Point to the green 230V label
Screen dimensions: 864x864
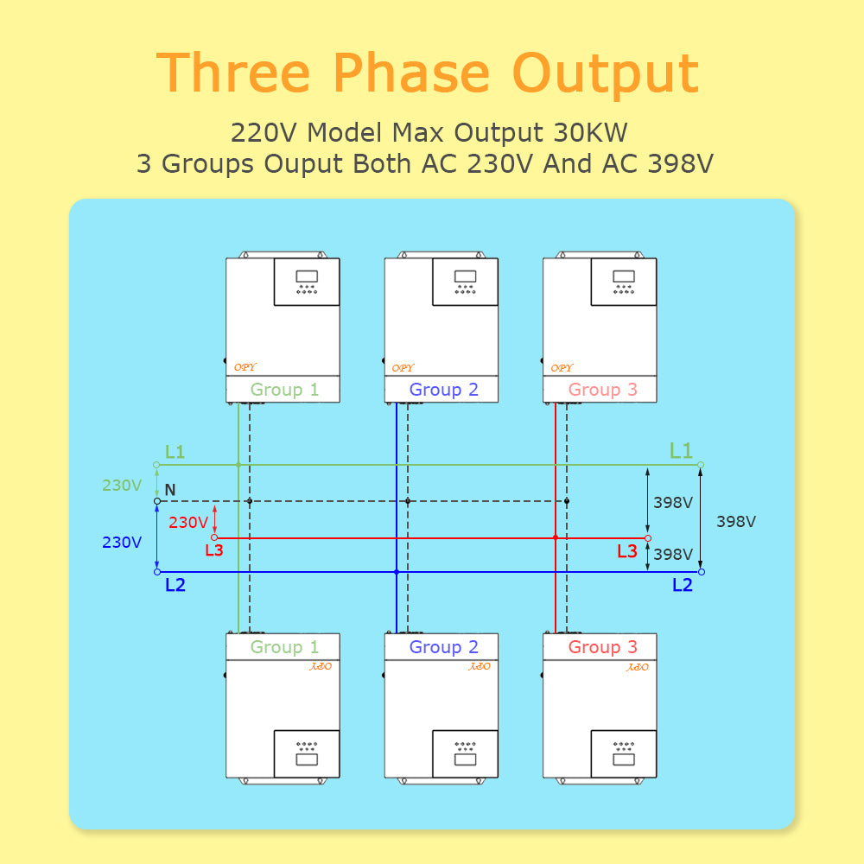(122, 486)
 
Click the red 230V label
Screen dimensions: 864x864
(187, 523)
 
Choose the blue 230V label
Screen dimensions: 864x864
(122, 543)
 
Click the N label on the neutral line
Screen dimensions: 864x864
(170, 491)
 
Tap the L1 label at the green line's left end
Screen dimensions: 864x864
(175, 452)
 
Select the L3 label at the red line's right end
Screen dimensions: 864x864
(627, 551)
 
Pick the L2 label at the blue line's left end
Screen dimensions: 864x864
(175, 585)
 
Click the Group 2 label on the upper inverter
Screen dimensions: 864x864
(443, 390)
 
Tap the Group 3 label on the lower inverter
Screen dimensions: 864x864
(602, 647)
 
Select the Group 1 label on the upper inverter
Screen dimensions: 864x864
(284, 390)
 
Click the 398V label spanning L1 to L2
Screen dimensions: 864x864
(736, 522)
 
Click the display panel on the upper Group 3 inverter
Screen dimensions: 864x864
(623, 282)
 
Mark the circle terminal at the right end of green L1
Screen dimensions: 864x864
(701, 465)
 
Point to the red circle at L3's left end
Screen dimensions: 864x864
(214, 537)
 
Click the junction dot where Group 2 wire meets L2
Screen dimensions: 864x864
(397, 572)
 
